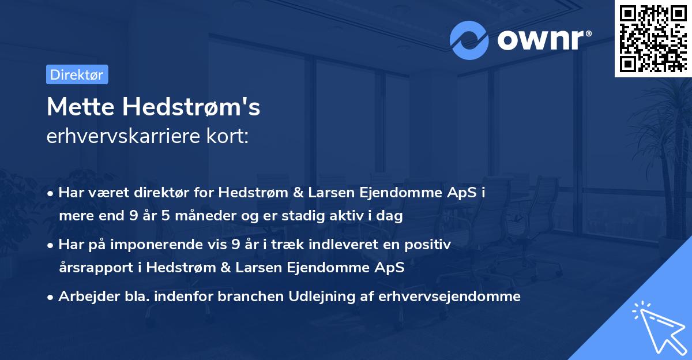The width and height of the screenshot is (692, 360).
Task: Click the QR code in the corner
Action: coord(653,39)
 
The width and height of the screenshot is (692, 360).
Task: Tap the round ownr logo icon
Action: coord(469,40)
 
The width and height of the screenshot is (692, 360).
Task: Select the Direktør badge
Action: coord(77,74)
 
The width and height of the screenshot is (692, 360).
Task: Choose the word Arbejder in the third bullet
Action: coord(84,297)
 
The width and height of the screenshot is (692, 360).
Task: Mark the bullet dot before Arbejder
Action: coord(51,297)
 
